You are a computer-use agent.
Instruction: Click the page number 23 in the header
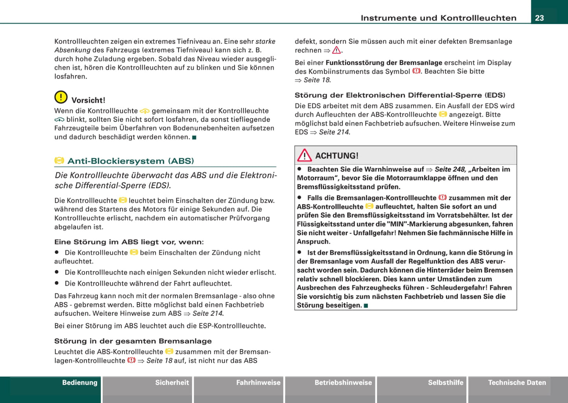pyautogui.click(x=539, y=18)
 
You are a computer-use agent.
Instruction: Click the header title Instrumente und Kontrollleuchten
pyautogui.click(x=438, y=18)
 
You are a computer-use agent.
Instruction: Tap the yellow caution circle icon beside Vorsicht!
pyautogui.click(x=61, y=97)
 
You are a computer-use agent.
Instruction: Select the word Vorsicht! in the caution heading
pyautogui.click(x=88, y=100)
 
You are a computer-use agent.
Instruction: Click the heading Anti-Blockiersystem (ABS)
pyautogui.click(x=131, y=161)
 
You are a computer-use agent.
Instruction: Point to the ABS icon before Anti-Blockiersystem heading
pyautogui.click(x=59, y=160)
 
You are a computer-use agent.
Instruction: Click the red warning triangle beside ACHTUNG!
pyautogui.click(x=304, y=156)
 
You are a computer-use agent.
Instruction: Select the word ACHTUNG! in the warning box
pyautogui.click(x=337, y=156)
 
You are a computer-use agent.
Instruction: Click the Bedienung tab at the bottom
pyautogui.click(x=79, y=383)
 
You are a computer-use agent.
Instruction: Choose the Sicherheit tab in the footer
pyautogui.click(x=172, y=383)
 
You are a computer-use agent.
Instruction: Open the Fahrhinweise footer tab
pyautogui.click(x=258, y=383)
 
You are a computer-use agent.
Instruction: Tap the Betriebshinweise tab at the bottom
pyautogui.click(x=343, y=383)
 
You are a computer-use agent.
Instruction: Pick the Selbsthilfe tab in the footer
pyautogui.click(x=445, y=383)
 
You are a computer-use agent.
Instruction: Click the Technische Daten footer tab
pyautogui.click(x=517, y=383)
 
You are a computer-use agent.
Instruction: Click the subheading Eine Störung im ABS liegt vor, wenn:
pyautogui.click(x=129, y=242)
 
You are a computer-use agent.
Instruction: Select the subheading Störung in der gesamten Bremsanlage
pyautogui.click(x=133, y=341)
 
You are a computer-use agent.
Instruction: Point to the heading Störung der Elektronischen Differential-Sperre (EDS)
pyautogui.click(x=400, y=95)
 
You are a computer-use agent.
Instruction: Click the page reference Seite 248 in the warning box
pyautogui.click(x=450, y=169)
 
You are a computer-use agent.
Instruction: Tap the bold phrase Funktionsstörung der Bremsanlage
pyautogui.click(x=384, y=62)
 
